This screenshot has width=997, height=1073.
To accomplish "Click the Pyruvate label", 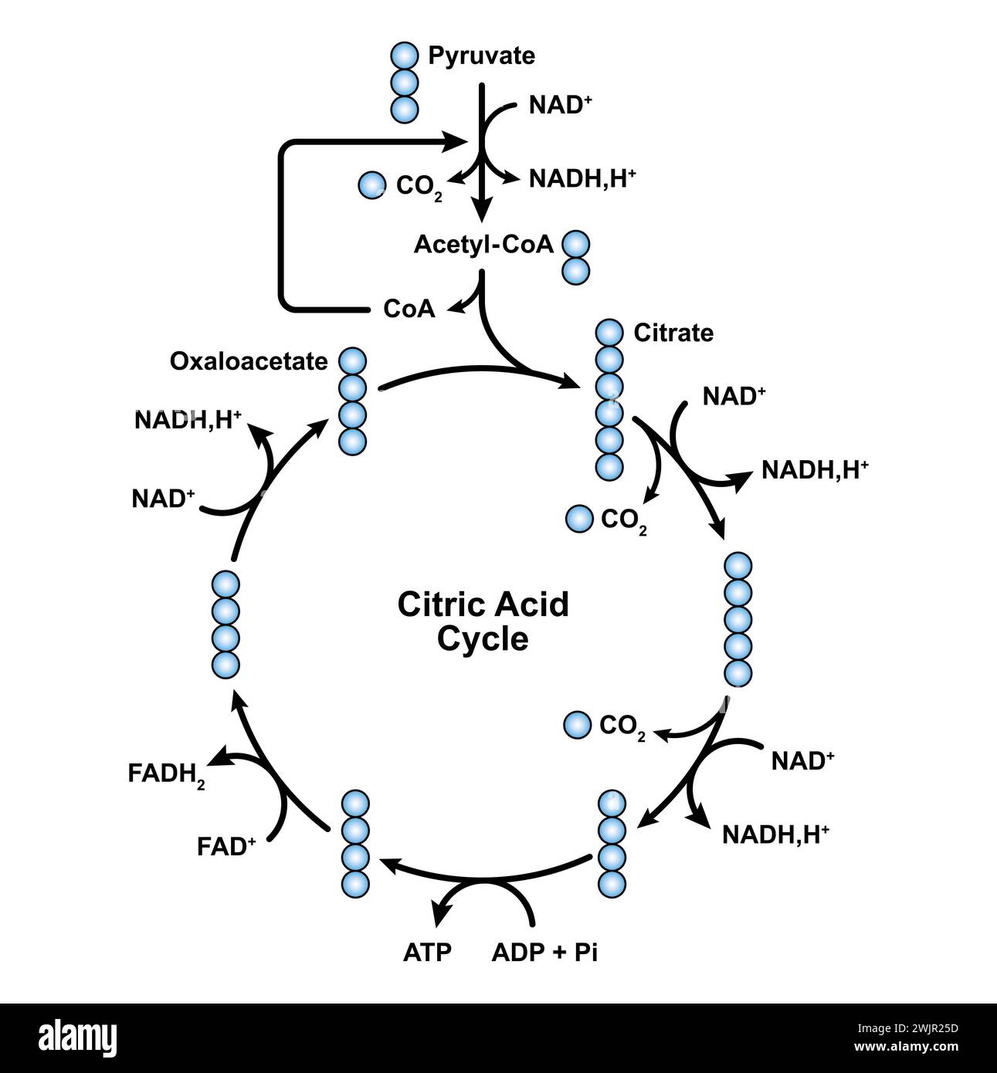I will click(x=481, y=56).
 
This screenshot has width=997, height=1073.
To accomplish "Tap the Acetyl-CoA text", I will click(x=483, y=245).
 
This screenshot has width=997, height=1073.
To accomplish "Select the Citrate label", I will click(x=673, y=333).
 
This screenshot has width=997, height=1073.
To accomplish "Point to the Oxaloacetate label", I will click(x=249, y=361).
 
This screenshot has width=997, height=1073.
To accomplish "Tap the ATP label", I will click(x=426, y=952).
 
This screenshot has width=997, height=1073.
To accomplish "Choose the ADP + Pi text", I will click(x=544, y=952).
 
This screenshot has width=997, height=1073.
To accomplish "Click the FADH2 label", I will click(x=166, y=774).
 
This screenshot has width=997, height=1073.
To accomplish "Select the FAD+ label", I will click(x=226, y=847).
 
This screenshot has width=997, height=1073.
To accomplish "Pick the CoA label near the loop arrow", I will click(x=409, y=310).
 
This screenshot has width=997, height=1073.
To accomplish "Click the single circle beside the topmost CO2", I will click(x=372, y=184).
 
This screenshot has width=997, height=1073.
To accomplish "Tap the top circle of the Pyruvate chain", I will click(x=404, y=56).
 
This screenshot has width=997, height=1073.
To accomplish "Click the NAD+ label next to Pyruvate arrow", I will click(x=560, y=105).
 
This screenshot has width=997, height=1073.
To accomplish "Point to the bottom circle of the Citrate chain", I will click(x=609, y=465).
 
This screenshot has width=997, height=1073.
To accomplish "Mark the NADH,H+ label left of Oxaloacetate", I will click(x=188, y=420).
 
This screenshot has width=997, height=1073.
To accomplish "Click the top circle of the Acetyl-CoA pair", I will click(x=575, y=245).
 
